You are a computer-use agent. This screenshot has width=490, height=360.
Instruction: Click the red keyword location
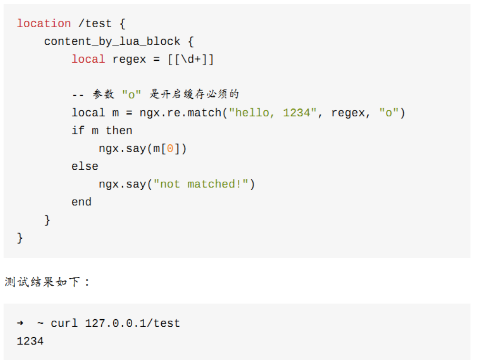44,23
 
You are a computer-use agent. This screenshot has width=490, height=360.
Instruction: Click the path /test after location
95,23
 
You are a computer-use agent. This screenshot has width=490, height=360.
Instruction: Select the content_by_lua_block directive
112,41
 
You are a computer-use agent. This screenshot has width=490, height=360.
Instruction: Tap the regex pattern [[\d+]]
190,59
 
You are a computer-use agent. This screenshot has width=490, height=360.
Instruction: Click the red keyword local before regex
88,59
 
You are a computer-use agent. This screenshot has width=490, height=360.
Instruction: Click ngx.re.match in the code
180,113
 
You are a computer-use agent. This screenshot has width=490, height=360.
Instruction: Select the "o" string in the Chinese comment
131,95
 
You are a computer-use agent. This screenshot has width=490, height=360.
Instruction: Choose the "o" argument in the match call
389,113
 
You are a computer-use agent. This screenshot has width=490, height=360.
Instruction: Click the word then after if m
119,130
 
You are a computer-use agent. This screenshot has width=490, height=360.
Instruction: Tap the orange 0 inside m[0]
170,148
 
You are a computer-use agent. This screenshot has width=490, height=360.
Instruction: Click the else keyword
85,166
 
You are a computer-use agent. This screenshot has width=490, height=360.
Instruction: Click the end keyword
81,202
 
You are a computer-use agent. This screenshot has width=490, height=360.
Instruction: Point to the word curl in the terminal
64,323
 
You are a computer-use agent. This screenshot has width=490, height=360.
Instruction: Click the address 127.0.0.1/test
133,323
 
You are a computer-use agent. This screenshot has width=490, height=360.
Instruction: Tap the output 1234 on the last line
30,341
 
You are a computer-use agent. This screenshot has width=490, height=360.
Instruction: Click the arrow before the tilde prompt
20,323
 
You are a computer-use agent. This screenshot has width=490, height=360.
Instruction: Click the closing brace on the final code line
20,238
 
